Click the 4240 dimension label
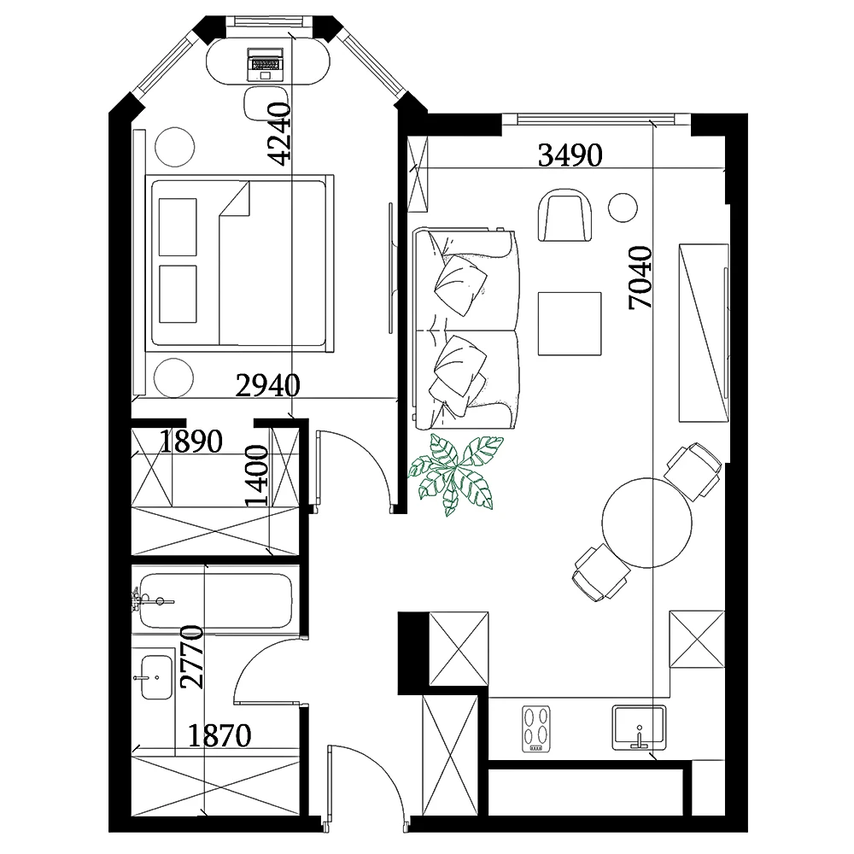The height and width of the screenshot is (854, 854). point(281,134)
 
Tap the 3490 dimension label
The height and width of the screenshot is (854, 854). point(570,155)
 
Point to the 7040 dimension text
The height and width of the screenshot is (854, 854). point(640,278)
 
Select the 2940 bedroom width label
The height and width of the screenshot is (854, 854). point(267,386)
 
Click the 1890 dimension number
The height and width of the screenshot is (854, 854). point(190,442)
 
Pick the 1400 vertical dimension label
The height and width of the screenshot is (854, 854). point(256,476)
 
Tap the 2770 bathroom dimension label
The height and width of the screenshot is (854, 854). point(191,657)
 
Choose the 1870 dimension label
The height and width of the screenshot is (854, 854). point(219,736)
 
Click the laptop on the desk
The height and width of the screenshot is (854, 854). point(266,64)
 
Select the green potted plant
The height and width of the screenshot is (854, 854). point(456,474)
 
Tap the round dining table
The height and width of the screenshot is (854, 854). point(647,523)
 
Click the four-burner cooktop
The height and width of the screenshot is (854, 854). point(536,728)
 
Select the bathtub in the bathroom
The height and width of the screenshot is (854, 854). point(215,600)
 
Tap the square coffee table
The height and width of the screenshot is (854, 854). point(570,324)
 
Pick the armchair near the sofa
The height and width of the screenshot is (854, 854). point(564,215)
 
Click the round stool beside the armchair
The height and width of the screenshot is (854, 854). point(623,208)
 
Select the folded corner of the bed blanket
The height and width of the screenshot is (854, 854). point(235,199)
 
